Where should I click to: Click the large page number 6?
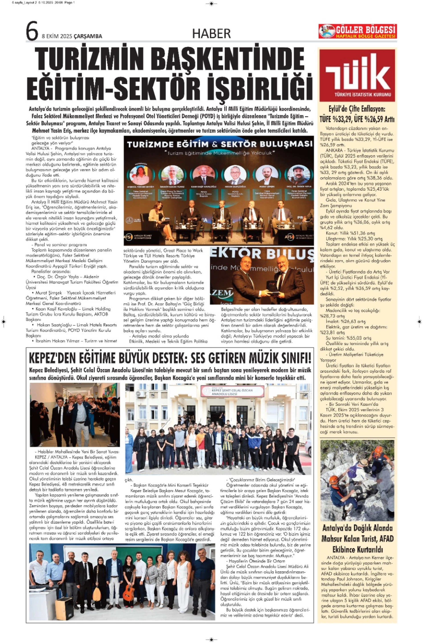(32, 32)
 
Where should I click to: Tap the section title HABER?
(211, 33)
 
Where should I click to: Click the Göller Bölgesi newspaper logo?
(358, 31)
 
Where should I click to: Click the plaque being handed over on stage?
(270, 286)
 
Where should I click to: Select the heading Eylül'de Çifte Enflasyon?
(357, 109)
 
